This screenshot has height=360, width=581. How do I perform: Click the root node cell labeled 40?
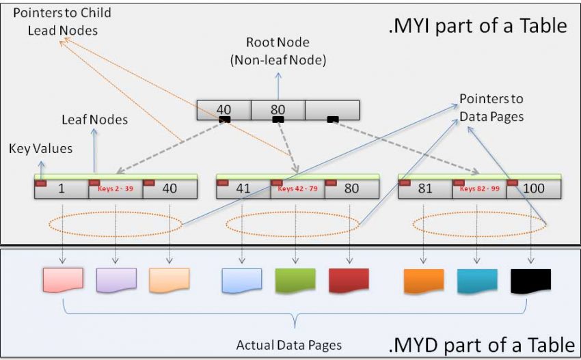tap(224, 110)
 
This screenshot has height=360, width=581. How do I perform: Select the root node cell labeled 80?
tap(278, 110)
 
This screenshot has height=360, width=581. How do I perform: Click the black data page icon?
tap(530, 280)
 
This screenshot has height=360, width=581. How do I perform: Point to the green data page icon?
tap(295, 280)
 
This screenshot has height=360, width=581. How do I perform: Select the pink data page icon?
tap(63, 280)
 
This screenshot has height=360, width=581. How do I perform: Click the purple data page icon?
tap(116, 280)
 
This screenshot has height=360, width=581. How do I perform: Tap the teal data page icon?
tap(477, 280)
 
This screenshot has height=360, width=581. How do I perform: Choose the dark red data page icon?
tap(349, 280)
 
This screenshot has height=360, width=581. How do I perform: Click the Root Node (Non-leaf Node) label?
tap(278, 52)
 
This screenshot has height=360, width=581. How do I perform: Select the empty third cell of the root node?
tap(332, 110)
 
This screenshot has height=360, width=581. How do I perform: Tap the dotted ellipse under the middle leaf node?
tap(292, 223)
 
